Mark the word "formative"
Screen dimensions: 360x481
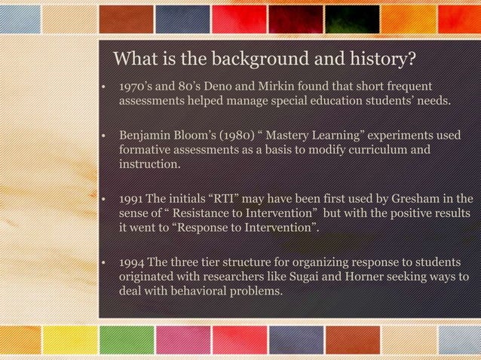[146, 151]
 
